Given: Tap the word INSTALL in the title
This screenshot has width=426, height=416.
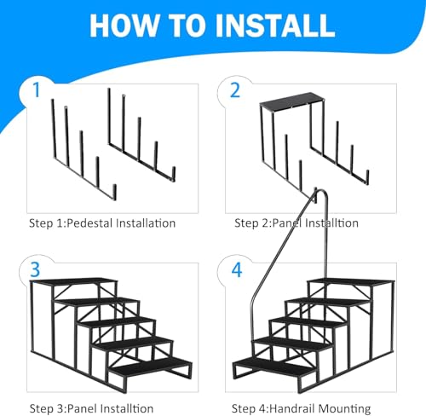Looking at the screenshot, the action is (275, 25).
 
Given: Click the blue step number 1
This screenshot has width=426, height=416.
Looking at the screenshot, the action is (36, 90).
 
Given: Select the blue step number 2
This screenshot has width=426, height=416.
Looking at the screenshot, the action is (235, 90).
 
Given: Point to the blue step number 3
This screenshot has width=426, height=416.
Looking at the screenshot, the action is (35, 269).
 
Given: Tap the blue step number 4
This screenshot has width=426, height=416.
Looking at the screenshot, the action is (237, 269).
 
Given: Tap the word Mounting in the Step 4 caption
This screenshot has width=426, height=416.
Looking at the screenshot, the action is (344, 409).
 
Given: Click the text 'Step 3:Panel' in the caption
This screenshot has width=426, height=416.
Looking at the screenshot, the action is (64, 408).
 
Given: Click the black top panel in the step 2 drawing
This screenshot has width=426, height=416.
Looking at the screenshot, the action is (292, 101).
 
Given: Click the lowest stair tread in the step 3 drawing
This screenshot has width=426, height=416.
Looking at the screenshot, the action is (151, 368).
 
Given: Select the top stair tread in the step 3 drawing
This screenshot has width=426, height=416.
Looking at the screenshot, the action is (74, 281).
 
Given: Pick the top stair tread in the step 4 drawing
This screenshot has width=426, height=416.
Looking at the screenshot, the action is (351, 282).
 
